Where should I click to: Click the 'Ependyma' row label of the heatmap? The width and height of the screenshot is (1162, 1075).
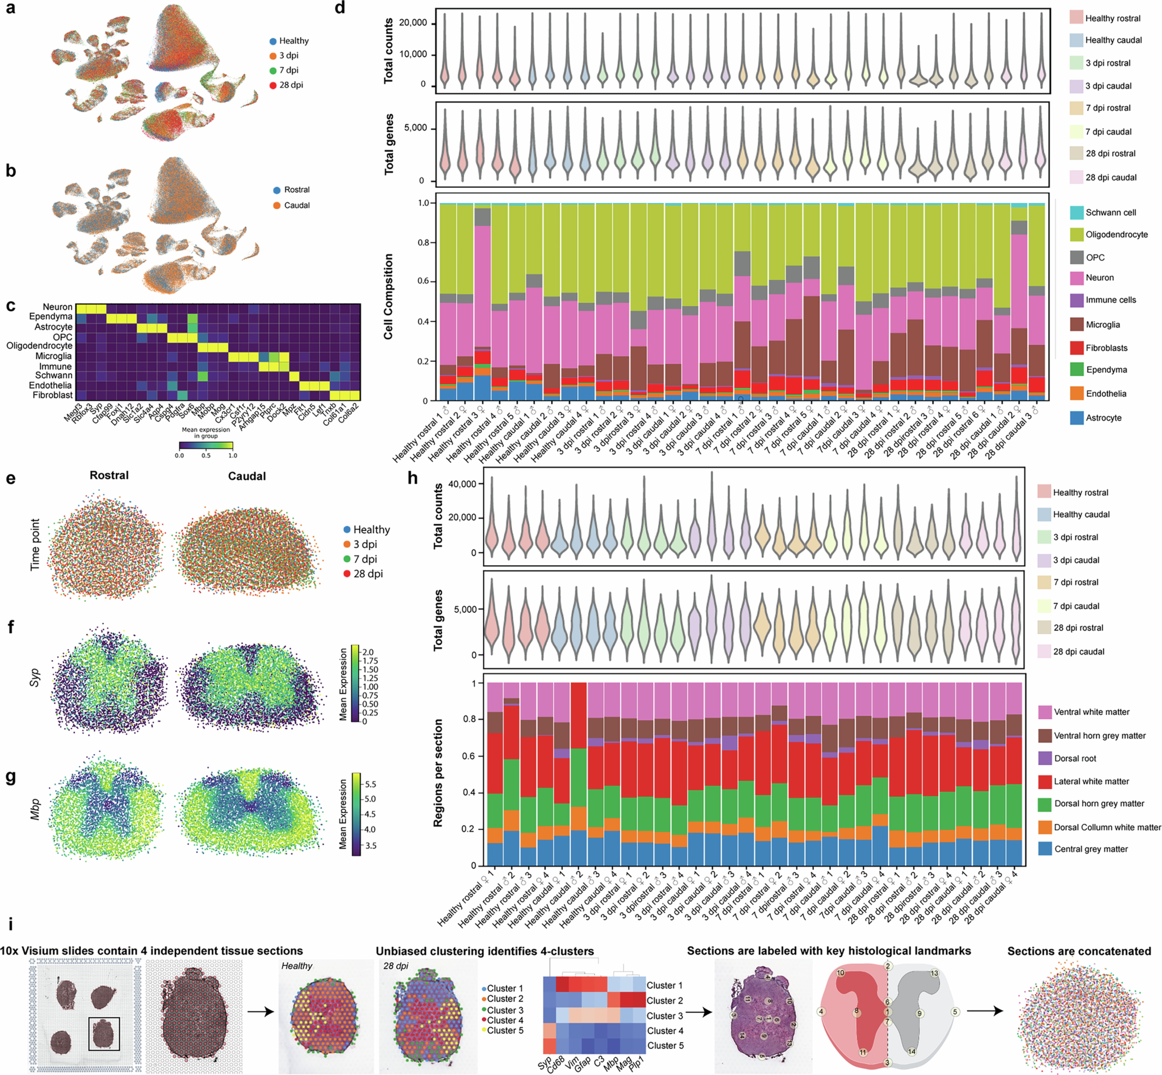click(x=51, y=316)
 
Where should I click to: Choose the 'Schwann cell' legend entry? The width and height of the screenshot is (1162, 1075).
click(x=1110, y=212)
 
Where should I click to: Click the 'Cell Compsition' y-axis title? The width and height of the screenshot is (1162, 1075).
click(x=388, y=297)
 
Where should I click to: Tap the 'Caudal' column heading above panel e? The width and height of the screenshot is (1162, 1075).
click(x=247, y=476)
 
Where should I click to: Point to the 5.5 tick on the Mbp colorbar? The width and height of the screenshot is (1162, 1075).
click(x=370, y=784)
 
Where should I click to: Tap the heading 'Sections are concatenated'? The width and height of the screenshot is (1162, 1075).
click(x=1079, y=951)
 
